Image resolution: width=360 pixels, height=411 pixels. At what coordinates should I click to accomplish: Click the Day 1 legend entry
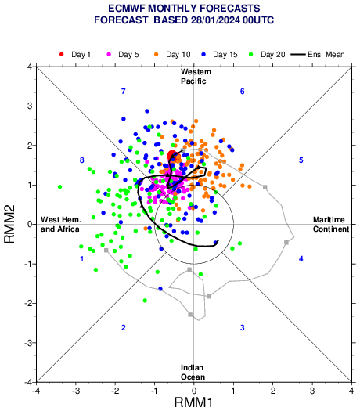pos(75,55)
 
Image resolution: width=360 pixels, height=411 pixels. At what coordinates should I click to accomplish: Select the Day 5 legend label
pos(128,55)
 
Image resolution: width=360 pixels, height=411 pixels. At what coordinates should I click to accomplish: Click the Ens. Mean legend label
pos(326,55)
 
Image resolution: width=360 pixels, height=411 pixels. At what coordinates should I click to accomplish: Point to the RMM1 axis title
pos(193,402)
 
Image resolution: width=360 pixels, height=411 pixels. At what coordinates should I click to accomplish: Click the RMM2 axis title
pos(9,224)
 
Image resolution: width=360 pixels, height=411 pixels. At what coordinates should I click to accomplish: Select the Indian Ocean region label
pos(193,372)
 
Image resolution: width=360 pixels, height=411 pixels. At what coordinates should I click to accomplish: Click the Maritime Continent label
pos(331,225)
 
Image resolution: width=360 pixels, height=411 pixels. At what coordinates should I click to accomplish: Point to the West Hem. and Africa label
pos(60,225)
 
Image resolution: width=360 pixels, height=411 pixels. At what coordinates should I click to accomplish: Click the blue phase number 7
pos(124,92)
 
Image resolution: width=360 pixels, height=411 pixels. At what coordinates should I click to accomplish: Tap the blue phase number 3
pos(243,328)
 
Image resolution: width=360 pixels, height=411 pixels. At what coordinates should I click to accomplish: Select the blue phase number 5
pos(301,160)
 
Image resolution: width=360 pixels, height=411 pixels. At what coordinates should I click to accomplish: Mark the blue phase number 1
pos(82,259)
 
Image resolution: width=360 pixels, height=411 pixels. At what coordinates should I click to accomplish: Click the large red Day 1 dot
pos(171,155)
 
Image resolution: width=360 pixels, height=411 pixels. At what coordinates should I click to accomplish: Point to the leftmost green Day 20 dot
pos(59,187)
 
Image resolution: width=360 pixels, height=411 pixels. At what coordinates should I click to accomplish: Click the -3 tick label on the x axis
pos(75,391)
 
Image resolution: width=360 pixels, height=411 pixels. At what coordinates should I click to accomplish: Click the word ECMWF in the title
pos(127,9)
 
